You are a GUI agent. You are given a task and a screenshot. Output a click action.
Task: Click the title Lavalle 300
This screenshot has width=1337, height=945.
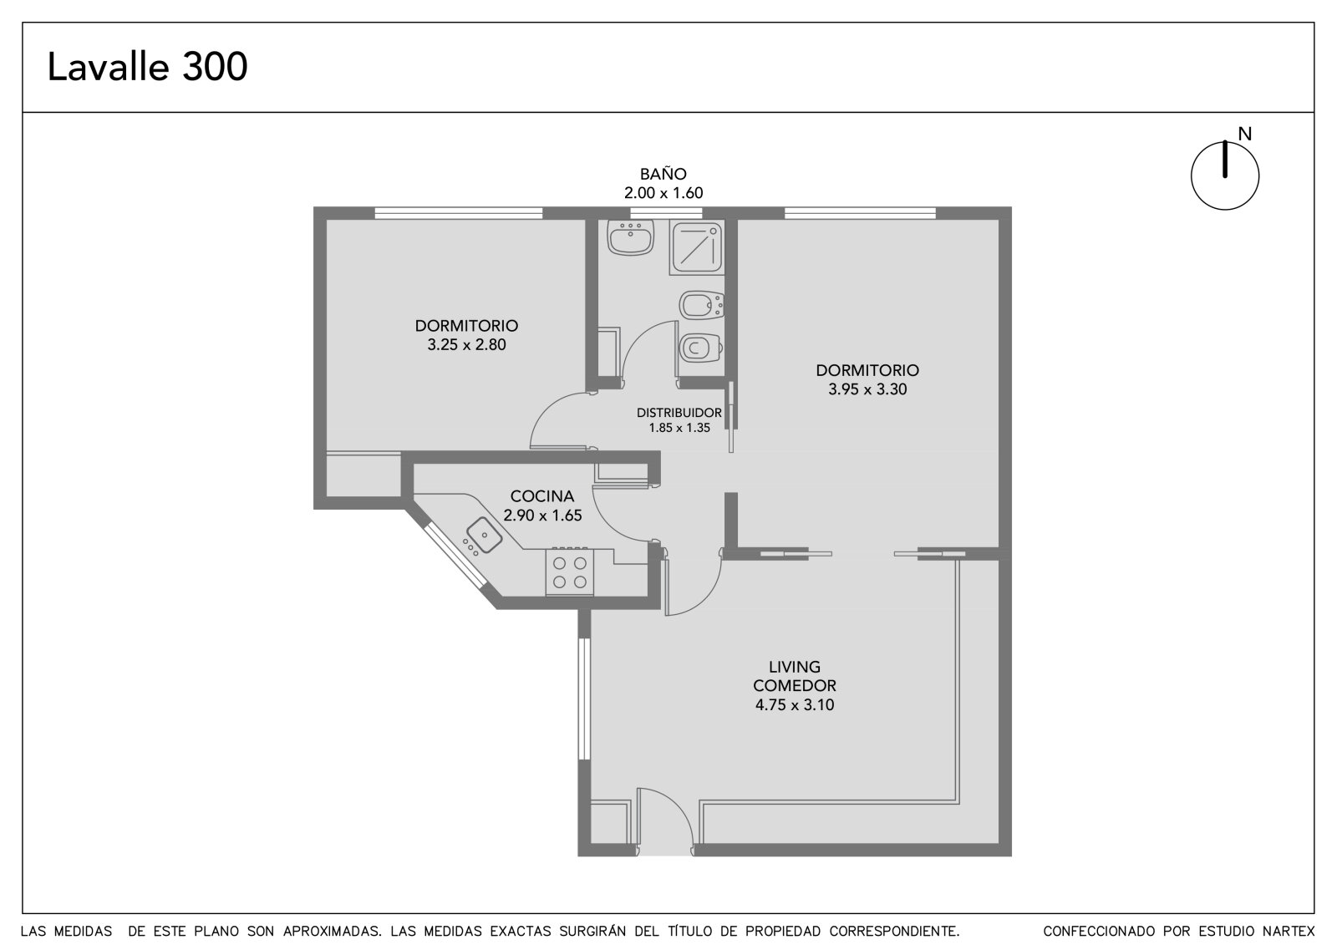(x=147, y=66)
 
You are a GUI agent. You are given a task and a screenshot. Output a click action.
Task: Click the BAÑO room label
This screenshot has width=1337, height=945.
(x=663, y=174)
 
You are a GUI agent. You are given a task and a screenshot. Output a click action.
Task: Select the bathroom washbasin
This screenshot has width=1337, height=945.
(x=631, y=237)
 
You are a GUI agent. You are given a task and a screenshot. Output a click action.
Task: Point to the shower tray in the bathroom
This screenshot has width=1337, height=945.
(x=697, y=247)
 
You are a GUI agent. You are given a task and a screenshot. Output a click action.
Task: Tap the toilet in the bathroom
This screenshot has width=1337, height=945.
(x=701, y=348)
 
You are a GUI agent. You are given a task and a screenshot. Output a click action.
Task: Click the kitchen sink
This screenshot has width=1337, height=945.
(x=484, y=535)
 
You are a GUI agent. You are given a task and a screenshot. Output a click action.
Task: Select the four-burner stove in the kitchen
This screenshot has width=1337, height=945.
(x=569, y=572)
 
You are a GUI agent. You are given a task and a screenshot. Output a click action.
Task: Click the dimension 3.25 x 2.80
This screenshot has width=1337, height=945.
(x=466, y=344)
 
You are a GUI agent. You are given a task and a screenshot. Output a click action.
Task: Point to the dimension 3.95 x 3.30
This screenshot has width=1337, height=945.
(x=867, y=389)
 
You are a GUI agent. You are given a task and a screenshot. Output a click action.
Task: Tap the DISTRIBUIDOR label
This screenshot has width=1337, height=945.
(x=679, y=413)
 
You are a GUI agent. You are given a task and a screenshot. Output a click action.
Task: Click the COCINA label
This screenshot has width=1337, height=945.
(x=542, y=495)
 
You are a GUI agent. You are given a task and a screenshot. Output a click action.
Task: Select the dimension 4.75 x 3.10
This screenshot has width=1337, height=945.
(x=795, y=705)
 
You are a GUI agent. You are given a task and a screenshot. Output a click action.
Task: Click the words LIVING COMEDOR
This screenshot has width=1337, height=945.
(x=795, y=676)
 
